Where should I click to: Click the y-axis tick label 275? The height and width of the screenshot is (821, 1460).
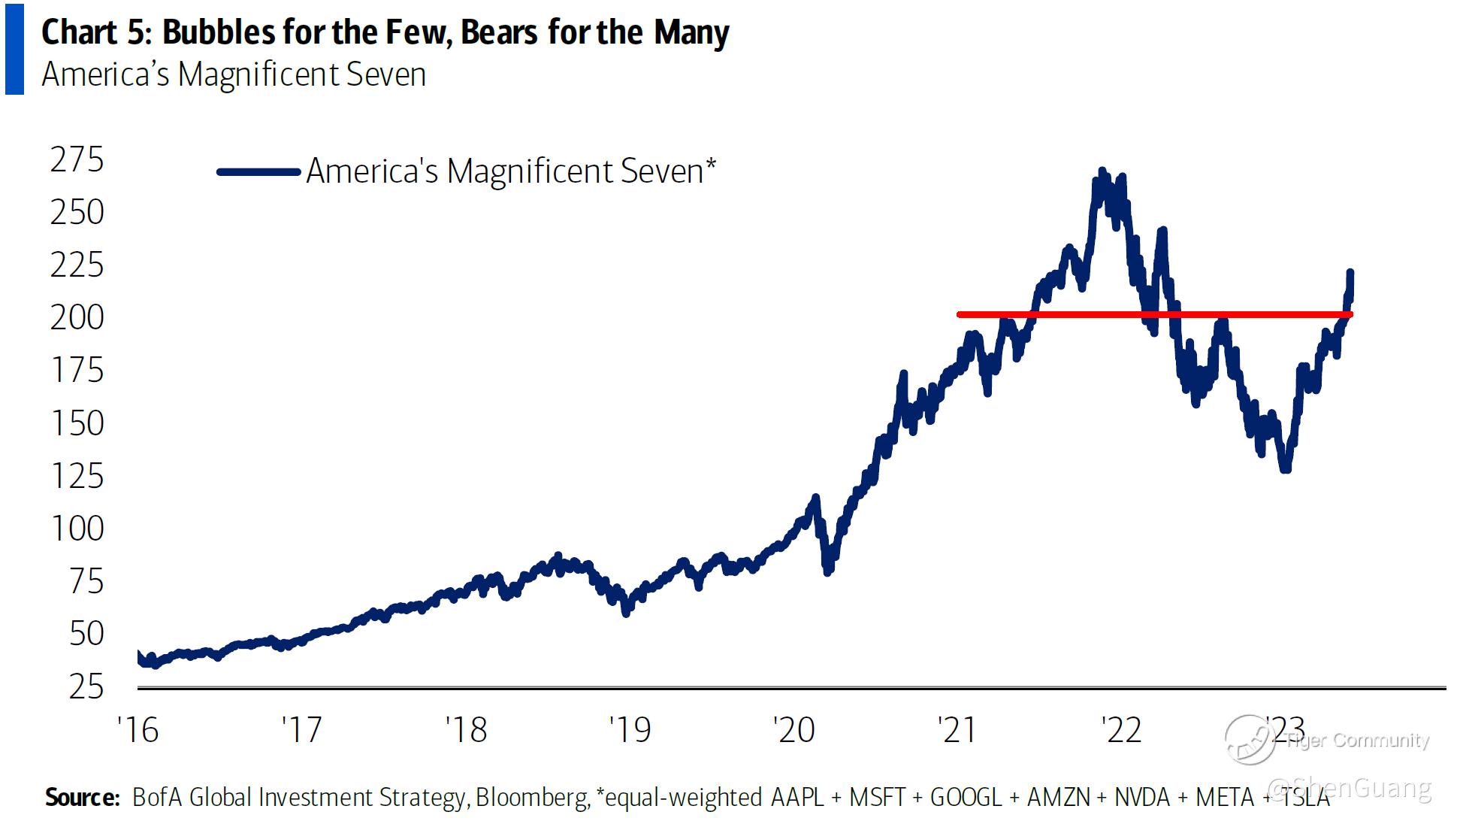pos(77,159)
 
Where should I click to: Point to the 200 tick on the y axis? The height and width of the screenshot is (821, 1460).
pos(77,317)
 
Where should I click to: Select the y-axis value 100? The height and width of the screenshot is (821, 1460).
pos(77,529)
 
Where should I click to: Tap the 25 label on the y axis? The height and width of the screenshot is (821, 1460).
pos(86,686)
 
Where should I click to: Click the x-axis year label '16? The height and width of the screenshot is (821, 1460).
pos(138,730)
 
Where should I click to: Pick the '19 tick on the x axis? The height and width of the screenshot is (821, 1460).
pos(630,730)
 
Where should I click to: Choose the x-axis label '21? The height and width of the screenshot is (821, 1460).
pos(957,730)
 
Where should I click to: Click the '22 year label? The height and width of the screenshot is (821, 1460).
pos(1121,730)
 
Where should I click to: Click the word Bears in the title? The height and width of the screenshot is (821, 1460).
pos(500,32)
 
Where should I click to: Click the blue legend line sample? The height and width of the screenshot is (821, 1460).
pos(258,172)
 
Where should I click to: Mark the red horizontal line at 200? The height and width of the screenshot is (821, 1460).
pos(1090,314)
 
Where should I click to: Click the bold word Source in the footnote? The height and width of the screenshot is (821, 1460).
pos(82,797)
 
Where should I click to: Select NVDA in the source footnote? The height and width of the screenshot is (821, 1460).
pos(1142,797)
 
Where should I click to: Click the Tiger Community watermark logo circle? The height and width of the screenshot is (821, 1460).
pos(1250,739)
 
